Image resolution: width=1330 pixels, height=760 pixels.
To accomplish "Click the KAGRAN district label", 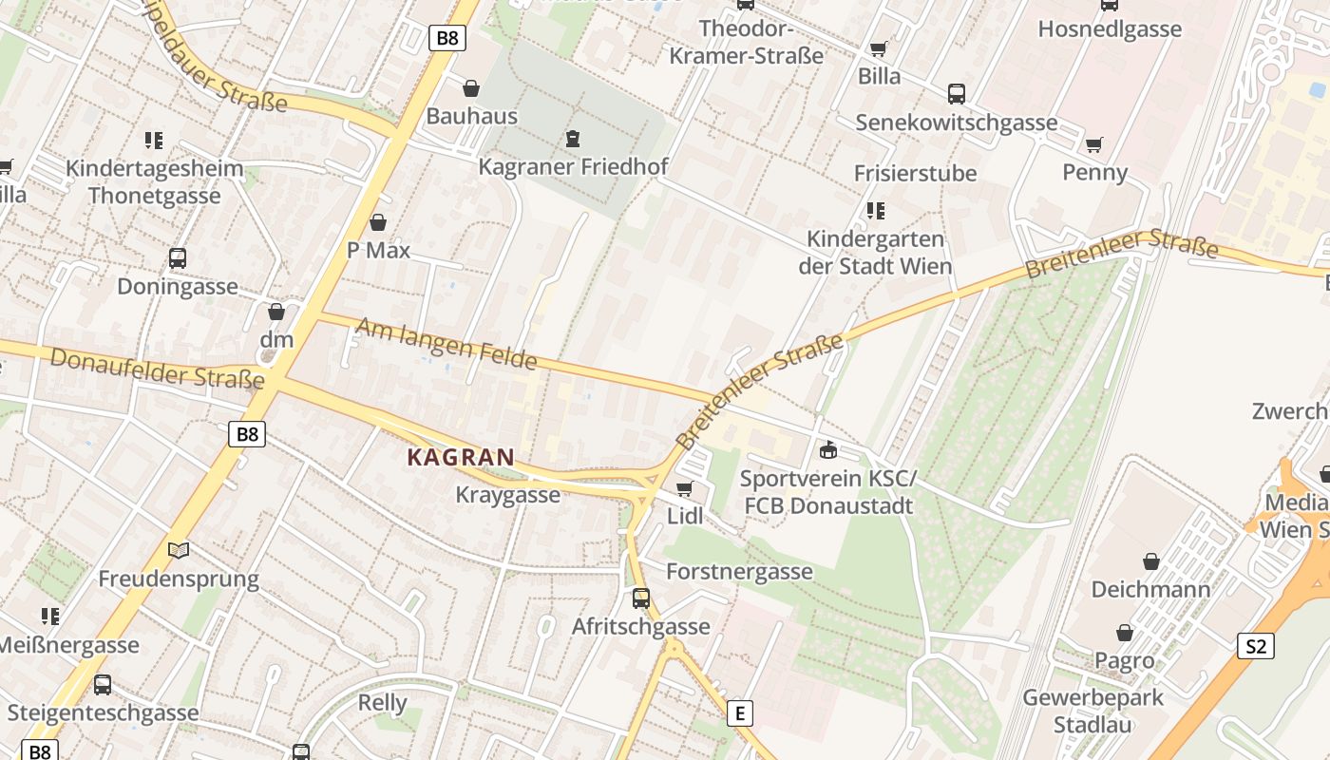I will tap(461, 457).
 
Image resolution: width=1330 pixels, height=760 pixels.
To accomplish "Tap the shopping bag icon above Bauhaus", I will tap(470, 88).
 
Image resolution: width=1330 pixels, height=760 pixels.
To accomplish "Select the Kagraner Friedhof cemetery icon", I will tap(572, 140).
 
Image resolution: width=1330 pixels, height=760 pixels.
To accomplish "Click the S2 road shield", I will tap(1256, 647).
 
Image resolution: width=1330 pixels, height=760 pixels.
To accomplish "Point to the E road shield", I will tap(739, 712).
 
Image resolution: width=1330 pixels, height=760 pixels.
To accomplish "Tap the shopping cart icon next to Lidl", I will tap(684, 489).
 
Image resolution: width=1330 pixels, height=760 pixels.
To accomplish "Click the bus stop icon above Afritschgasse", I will tap(641, 598).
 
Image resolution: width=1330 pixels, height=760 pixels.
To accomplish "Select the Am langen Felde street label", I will tap(446, 344).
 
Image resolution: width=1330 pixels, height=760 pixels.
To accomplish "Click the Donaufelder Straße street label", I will tap(157, 370).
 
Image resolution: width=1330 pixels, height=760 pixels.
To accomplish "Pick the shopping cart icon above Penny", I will tap(1094, 144).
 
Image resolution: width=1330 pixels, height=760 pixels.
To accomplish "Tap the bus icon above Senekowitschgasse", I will tap(957, 94).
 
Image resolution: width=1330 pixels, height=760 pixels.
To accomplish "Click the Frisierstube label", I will tap(915, 173).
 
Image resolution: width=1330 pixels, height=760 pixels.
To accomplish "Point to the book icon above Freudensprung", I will tap(179, 550).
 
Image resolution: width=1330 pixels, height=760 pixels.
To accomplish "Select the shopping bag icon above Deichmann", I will tap(1151, 561).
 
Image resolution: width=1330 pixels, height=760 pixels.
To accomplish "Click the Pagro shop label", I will tap(1125, 660).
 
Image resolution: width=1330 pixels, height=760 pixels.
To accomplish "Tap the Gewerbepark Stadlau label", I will tap(1092, 712).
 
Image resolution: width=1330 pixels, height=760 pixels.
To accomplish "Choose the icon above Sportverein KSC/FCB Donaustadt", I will tap(828, 449).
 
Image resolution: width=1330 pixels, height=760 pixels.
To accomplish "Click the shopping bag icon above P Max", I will tap(378, 222).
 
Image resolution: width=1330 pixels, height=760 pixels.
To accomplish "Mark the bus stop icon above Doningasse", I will tap(178, 257).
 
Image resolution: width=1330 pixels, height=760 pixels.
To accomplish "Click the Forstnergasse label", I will tap(739, 571).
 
